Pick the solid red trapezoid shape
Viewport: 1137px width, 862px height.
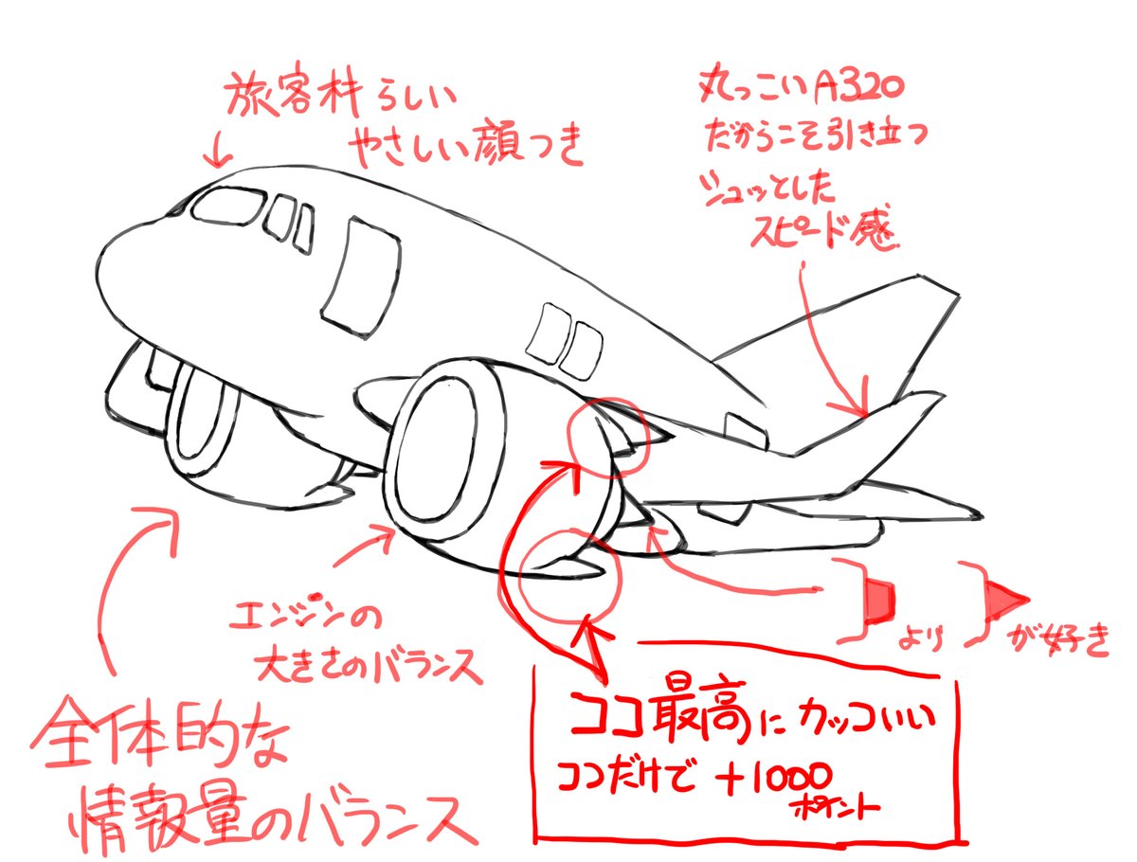pyautogui.click(x=877, y=598)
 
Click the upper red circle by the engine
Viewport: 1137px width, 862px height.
pyautogui.click(x=605, y=433)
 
